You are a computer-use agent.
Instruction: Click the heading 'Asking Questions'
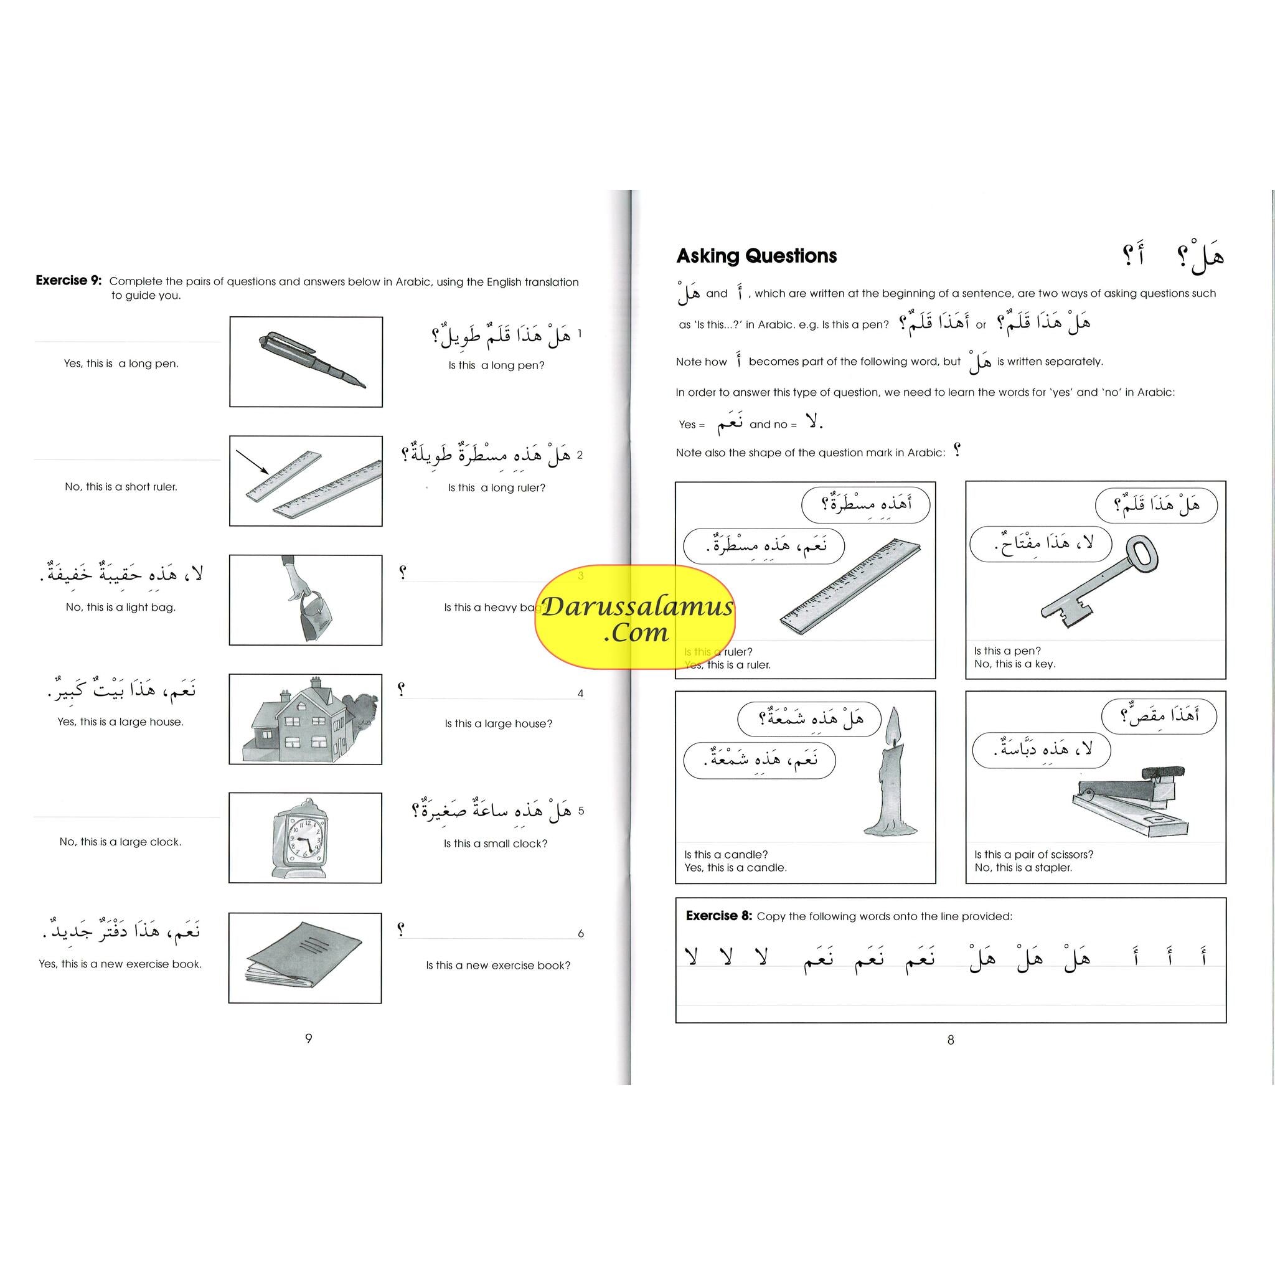(756, 256)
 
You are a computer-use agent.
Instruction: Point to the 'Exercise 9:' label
(68, 281)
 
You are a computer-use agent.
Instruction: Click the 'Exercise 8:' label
(718, 915)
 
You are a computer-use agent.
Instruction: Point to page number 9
(308, 1038)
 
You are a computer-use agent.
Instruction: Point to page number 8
(950, 1040)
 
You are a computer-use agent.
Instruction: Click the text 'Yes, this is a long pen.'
(121, 364)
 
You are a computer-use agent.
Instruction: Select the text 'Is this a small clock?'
(496, 844)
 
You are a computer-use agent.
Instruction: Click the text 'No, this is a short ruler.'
(121, 487)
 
